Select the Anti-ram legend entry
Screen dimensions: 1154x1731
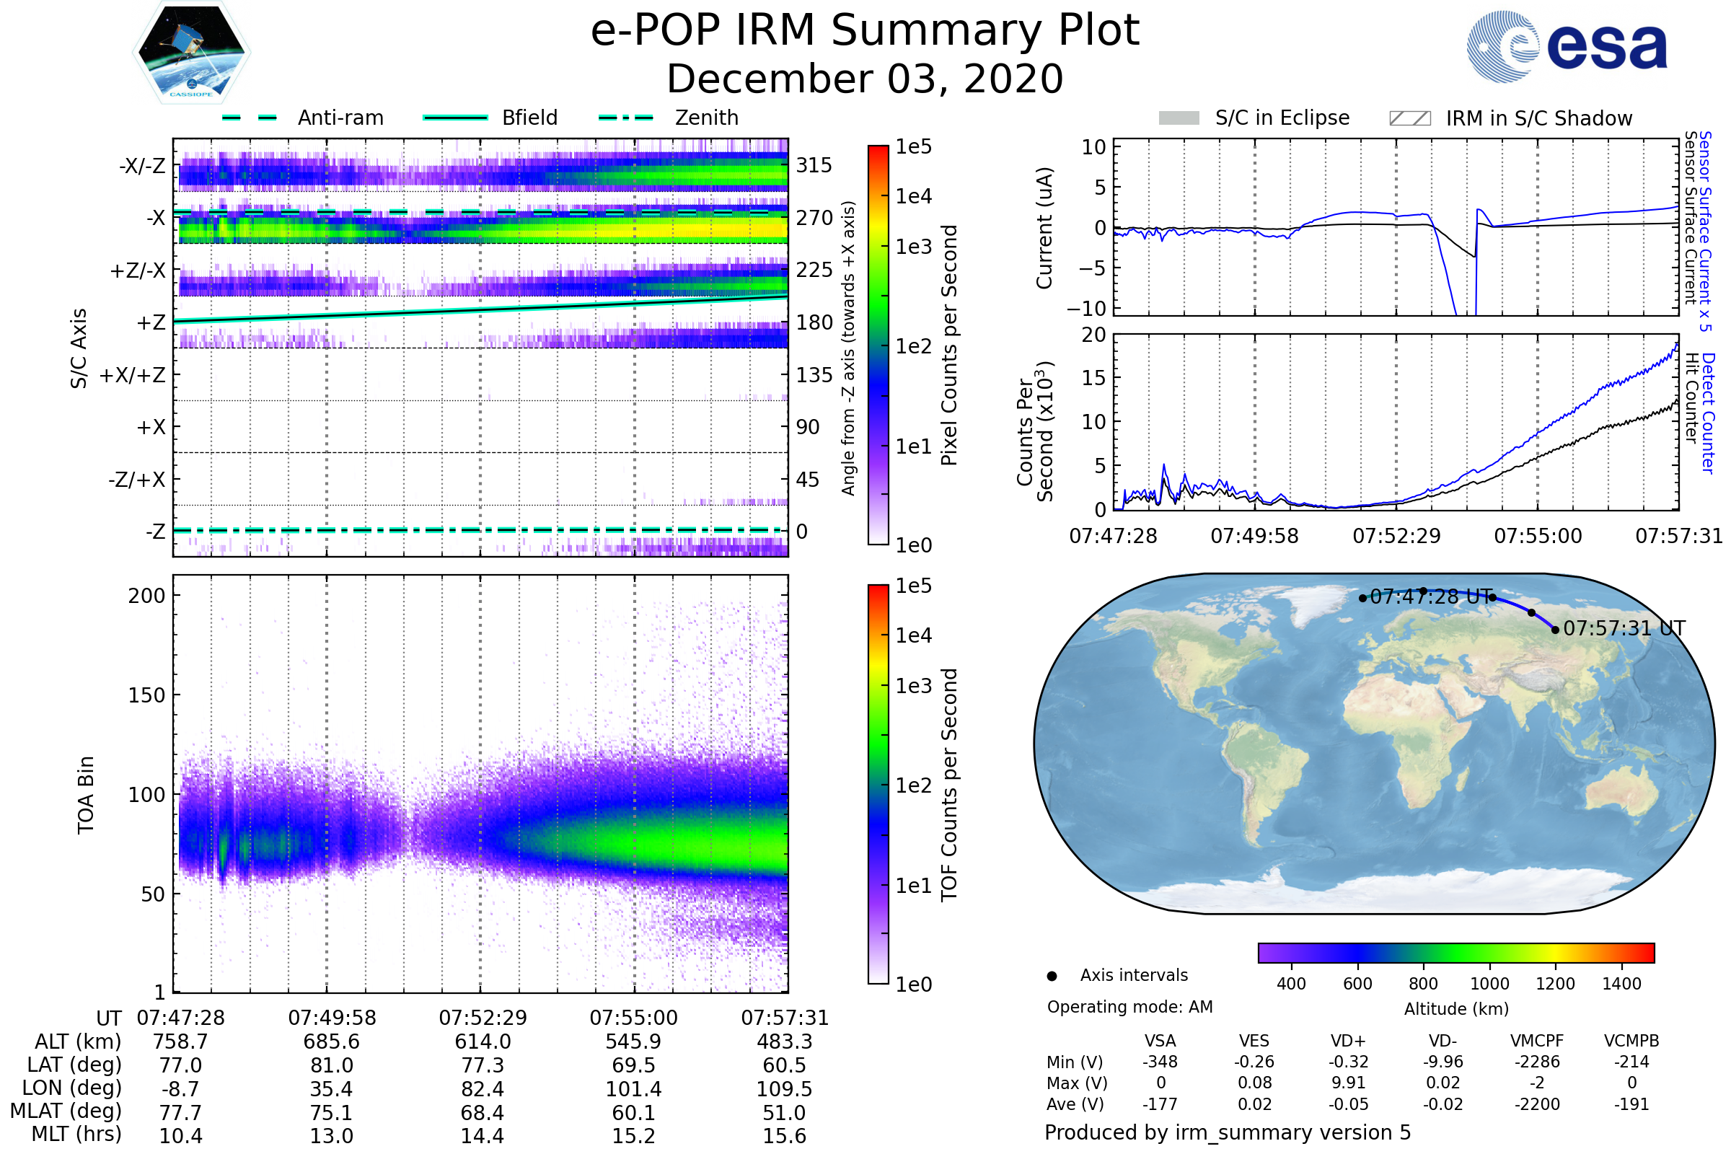coord(303,118)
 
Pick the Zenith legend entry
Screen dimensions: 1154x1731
coord(669,118)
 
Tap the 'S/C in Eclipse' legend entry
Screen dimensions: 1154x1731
coord(1254,118)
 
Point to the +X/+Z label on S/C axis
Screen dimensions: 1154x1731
coord(133,375)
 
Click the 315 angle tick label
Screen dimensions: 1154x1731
coord(814,165)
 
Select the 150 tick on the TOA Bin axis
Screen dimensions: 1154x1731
coord(146,695)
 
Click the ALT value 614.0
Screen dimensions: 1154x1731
coord(483,1042)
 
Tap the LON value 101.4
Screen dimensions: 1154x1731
coord(634,1089)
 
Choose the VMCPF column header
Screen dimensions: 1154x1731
coord(1538,1041)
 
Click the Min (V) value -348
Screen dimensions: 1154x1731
coord(1160,1062)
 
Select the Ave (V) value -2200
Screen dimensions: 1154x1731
coord(1538,1105)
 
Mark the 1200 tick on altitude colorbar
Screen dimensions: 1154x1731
coord(1555,984)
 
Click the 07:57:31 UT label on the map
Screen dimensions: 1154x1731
coord(1624,628)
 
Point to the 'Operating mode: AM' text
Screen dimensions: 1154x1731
coord(1130,1007)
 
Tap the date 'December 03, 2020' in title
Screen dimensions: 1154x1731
coord(865,79)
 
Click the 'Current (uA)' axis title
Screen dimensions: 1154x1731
coord(1045,228)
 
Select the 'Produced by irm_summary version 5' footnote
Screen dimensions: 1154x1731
coord(1228,1132)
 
